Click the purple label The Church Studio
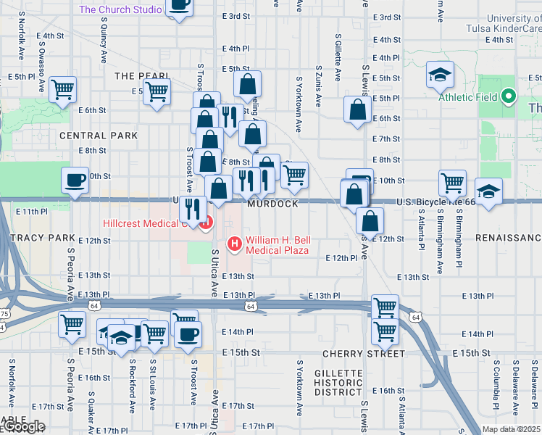[x=120, y=9]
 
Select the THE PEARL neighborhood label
[x=141, y=76]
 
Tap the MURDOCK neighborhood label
[x=272, y=204]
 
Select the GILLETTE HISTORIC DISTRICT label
[x=338, y=382]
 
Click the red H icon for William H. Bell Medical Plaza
[x=235, y=243]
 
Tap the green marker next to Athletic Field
[x=509, y=96]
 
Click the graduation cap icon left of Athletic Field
[x=439, y=75]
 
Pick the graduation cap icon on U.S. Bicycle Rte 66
[x=489, y=192]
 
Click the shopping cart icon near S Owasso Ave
[x=62, y=90]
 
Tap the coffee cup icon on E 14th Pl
[x=188, y=334]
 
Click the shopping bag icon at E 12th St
[x=370, y=221]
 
